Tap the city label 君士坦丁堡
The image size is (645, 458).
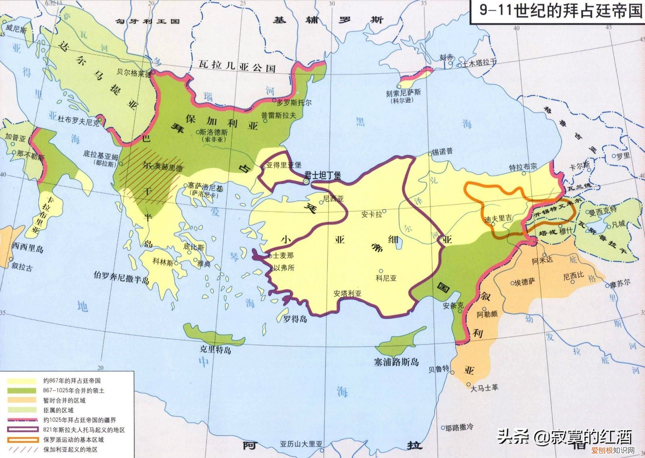[x=322, y=175]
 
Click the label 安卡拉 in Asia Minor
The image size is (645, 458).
[x=371, y=214]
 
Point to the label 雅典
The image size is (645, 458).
[x=204, y=264]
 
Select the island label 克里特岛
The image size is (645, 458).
[x=215, y=350]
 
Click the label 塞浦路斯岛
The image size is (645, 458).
[x=396, y=362]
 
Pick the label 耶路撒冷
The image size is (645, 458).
[x=460, y=427]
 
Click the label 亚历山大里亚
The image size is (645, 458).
[x=301, y=444]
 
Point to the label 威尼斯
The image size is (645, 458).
[x=17, y=30]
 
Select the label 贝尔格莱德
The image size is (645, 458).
[x=134, y=73]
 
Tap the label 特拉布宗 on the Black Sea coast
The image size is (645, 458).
[x=523, y=167]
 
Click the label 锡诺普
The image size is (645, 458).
[x=442, y=151]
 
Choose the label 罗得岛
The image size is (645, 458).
[x=295, y=319]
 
